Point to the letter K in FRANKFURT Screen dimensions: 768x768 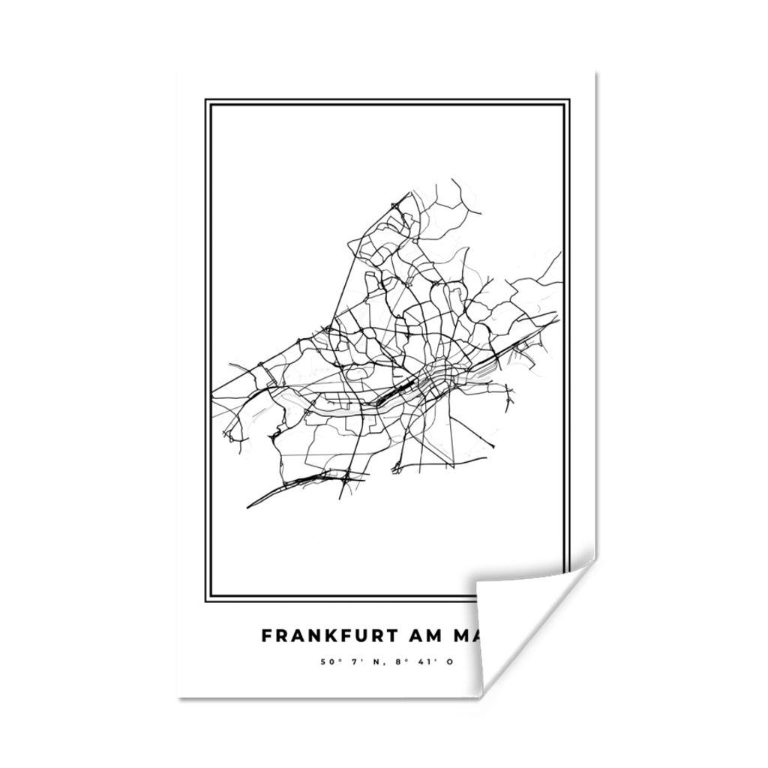[324, 635]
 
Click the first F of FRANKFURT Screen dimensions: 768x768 [266, 635]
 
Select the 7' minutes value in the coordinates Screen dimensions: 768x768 [356, 662]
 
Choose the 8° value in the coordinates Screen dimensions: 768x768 [400, 662]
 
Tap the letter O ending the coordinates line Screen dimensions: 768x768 [450, 662]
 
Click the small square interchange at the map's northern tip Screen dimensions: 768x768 [395, 205]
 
